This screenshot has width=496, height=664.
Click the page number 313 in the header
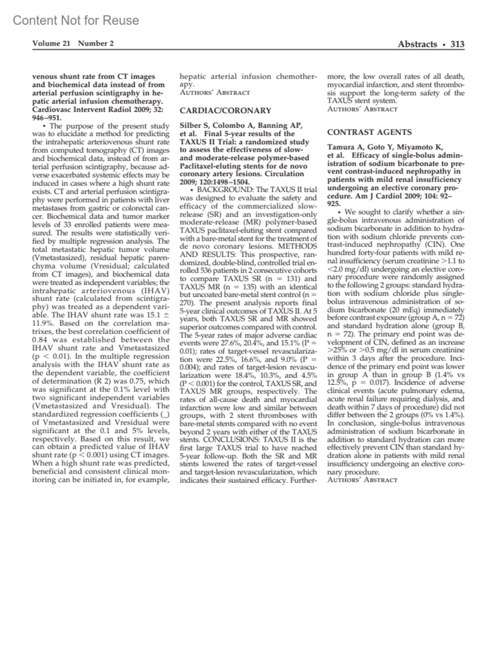point(457,44)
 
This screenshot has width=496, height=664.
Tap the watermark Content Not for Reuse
point(76,20)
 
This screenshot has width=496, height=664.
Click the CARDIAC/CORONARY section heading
point(225,110)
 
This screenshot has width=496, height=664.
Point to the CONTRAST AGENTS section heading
point(369,132)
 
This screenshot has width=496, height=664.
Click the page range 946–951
point(47,117)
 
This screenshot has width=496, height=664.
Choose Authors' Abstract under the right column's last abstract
point(362,480)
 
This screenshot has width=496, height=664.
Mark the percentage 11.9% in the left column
point(43,323)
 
